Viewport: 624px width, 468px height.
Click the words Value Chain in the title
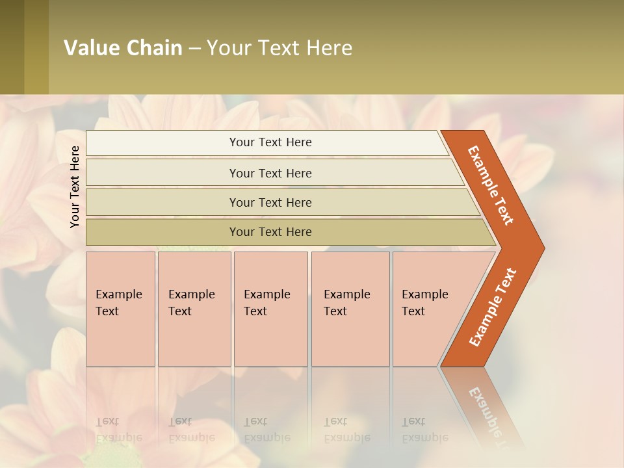pos(123,48)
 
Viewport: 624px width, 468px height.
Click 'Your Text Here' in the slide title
pos(279,48)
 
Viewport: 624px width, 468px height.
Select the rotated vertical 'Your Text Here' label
pos(75,187)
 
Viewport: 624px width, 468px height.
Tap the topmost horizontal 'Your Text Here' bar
pos(270,142)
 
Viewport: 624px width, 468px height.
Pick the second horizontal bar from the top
pos(270,173)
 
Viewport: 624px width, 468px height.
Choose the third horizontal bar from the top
pos(270,202)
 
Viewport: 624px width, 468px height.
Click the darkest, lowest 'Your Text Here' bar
pos(270,232)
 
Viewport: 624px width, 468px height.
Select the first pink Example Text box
pos(120,308)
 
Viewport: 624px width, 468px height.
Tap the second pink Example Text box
pos(194,308)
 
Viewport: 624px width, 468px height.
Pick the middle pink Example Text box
pos(270,308)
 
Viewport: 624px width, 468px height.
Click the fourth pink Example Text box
pos(350,308)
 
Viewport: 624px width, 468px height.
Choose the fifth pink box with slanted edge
pos(429,308)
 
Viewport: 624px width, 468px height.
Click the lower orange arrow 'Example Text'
pos(493,307)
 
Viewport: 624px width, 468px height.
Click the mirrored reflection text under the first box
pos(118,430)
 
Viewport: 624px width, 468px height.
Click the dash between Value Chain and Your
pos(194,49)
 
